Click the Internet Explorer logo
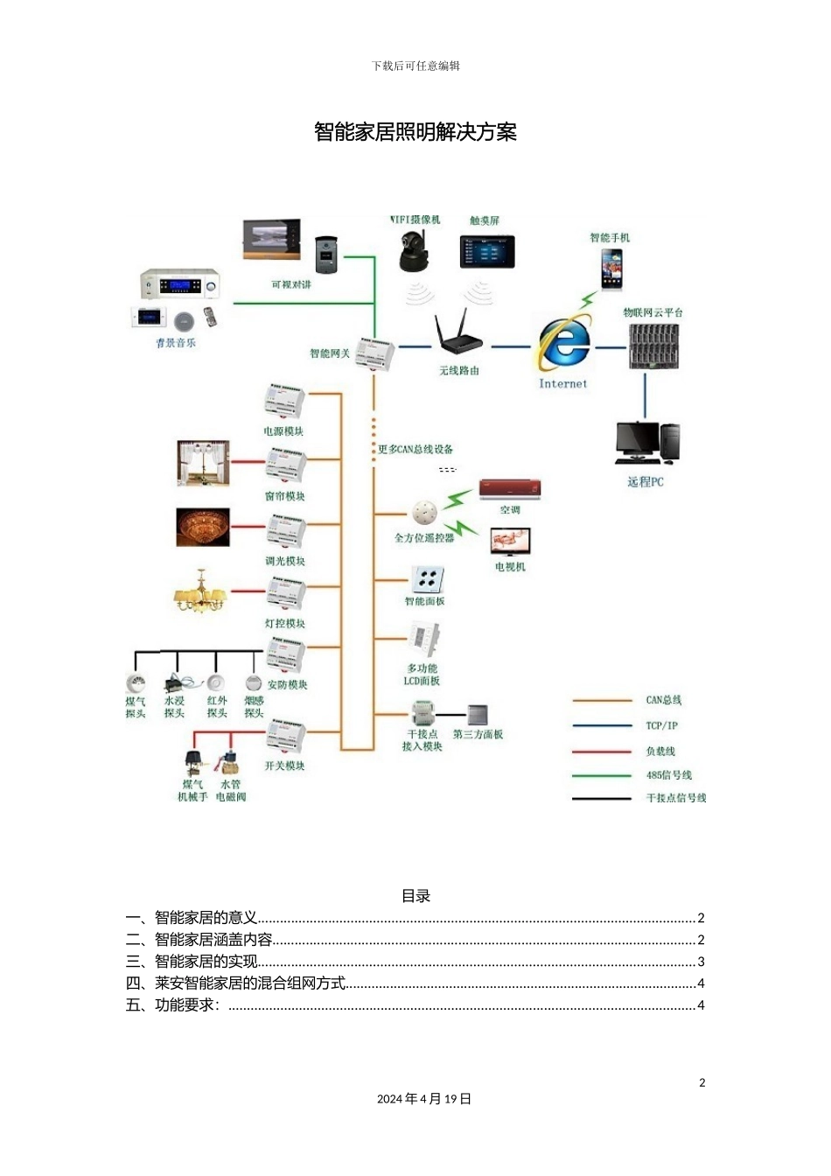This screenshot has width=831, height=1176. (x=564, y=343)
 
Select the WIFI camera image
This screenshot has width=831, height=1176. (x=415, y=252)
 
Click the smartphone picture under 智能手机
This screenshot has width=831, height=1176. (x=611, y=268)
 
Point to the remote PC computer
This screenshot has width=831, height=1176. (x=647, y=443)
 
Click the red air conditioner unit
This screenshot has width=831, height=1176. (x=510, y=489)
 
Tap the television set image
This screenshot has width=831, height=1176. (x=511, y=542)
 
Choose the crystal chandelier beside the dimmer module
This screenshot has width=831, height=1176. (x=203, y=528)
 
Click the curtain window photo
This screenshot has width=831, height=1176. (x=203, y=463)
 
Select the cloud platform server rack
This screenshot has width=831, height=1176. (x=653, y=346)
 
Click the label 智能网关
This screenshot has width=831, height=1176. (x=330, y=353)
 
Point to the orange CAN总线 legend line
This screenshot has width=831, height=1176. (x=602, y=700)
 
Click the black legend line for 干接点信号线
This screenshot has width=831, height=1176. (x=602, y=798)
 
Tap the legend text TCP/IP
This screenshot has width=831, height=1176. (x=661, y=725)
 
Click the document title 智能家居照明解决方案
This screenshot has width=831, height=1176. (x=415, y=132)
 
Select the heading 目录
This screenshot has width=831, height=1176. (x=415, y=896)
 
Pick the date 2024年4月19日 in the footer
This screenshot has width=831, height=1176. (x=424, y=1099)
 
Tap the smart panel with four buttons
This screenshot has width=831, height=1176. (x=428, y=578)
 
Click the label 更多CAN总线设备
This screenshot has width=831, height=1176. (x=415, y=450)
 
